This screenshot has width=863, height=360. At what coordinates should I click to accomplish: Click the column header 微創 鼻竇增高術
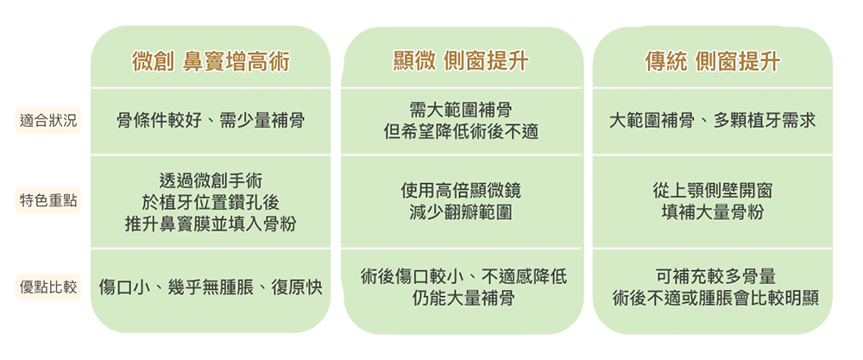[211, 62]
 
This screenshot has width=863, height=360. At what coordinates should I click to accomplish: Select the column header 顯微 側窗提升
[461, 62]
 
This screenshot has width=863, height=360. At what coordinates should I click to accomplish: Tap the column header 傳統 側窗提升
[712, 62]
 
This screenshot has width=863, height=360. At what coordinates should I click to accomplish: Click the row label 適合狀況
[48, 121]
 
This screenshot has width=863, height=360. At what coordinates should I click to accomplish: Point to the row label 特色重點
[48, 201]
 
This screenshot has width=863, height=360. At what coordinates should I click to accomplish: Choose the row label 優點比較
[48, 287]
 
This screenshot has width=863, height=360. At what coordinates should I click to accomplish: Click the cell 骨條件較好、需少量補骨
[211, 121]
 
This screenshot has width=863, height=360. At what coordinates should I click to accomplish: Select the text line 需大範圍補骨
[461, 111]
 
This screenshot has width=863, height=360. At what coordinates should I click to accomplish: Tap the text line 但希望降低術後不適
[461, 132]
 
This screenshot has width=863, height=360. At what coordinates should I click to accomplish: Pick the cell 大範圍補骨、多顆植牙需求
[712, 121]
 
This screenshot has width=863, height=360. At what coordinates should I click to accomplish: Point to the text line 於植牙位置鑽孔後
[211, 202]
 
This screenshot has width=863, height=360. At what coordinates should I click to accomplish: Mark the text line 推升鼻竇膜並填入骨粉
[211, 224]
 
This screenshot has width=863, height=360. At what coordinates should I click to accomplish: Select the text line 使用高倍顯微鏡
[461, 190]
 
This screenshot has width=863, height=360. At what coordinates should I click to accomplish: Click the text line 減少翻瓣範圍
[461, 212]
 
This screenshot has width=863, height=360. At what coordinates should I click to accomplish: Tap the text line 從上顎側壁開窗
[712, 190]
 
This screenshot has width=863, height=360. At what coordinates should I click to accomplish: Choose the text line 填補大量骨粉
[712, 212]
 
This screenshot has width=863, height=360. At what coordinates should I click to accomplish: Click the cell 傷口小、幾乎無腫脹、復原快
[211, 287]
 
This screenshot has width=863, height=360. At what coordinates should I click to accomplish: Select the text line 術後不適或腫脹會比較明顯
[715, 300]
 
